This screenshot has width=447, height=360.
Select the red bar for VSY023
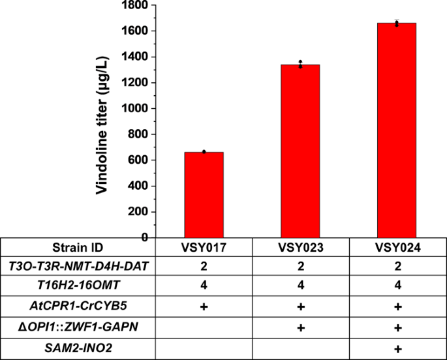coord(300,151)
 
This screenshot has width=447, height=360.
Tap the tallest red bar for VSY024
coord(397,130)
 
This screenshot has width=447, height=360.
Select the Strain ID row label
coord(78,248)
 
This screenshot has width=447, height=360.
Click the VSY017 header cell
coord(204,248)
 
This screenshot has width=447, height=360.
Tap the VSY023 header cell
coord(300,248)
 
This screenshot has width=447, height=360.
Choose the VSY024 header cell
coord(397,248)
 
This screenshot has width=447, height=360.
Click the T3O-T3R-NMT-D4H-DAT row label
coord(78,267)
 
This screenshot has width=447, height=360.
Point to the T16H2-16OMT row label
coord(78,286)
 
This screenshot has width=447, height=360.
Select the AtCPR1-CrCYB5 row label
coord(78,306)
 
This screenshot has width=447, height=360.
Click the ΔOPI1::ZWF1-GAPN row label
coord(78,325)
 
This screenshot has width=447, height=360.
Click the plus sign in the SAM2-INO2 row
coord(397,346)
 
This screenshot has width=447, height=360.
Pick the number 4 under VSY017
coord(204,286)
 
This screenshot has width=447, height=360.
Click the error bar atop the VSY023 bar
coord(300,64)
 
